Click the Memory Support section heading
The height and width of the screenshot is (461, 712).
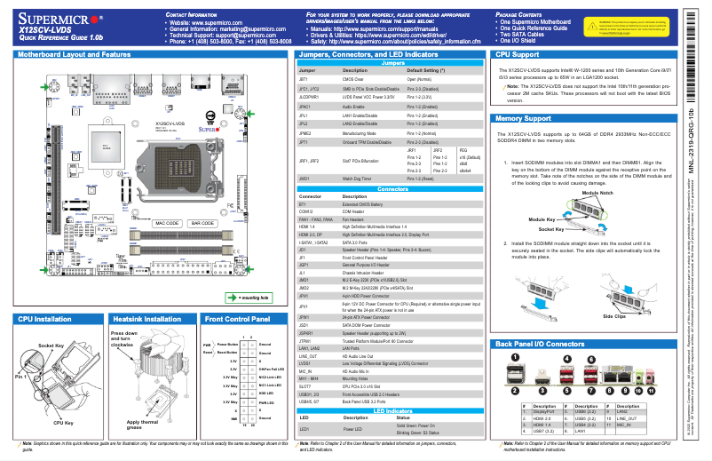[530, 118]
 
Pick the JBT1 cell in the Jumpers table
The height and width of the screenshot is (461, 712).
[304, 79]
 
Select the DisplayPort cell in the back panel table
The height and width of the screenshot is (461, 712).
[542, 412]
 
